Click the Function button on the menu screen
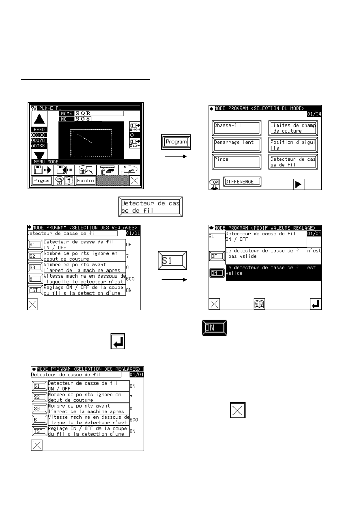86,181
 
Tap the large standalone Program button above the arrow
176,142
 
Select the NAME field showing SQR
99,114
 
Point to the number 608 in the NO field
83,119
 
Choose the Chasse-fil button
237,128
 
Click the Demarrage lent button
237,145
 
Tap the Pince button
237,162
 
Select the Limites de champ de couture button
293,128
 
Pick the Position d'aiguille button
293,145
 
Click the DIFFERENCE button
242,182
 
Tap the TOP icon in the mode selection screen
214,184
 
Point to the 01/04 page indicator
314,114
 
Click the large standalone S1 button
173,260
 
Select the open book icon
259,304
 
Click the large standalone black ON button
215,328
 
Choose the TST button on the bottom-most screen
40,431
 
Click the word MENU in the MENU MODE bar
40,162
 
